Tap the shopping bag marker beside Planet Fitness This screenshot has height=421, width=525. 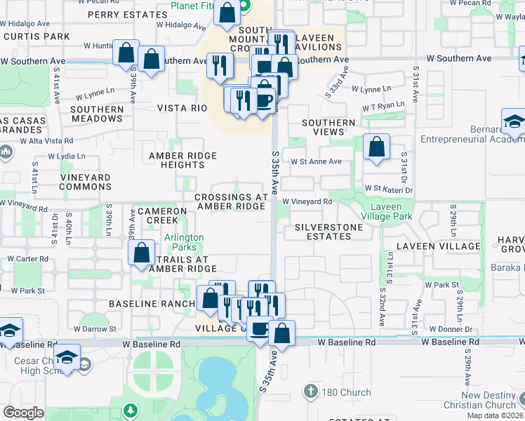coord(227,13)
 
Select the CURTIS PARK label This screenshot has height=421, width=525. coord(35,36)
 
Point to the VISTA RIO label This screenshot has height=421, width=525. coord(181,108)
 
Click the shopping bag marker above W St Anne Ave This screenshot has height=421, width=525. coord(377,147)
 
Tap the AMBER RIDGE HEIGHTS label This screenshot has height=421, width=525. coord(182,160)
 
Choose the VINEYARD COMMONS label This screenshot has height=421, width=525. coord(85,182)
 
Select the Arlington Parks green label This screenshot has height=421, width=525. coord(184,243)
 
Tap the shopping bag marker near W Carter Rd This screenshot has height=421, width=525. coord(142,253)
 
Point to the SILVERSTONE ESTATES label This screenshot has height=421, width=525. coord(328,232)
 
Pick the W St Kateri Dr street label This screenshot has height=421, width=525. coord(386,189)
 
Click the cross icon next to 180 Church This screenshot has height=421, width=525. coord(312,389)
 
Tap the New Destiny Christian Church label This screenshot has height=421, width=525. coord(489,400)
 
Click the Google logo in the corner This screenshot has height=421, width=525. coord(23,413)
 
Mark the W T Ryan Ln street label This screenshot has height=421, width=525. coord(383,105)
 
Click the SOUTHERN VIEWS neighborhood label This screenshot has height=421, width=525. coord(328,127)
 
